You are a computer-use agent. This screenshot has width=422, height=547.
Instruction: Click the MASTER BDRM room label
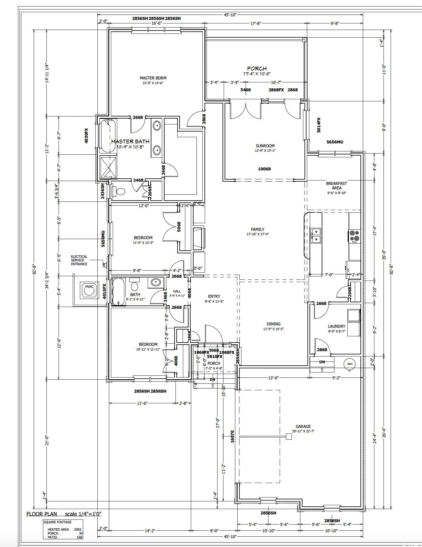[153, 78]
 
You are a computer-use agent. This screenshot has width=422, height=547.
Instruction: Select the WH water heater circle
[350, 364]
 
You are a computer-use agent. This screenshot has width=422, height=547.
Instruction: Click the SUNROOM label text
[265, 146]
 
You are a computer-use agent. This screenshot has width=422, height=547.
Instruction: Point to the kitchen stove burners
[354, 236]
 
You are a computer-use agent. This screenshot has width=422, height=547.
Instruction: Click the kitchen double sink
[316, 236]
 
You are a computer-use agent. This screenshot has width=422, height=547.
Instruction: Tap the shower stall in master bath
[108, 167]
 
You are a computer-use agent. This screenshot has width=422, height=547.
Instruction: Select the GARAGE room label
[303, 426]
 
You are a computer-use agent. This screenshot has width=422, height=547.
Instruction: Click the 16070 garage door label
[232, 436]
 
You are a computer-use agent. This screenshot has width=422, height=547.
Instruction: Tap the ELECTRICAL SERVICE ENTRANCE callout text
[79, 260]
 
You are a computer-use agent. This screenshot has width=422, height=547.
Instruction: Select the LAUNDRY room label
[336, 326]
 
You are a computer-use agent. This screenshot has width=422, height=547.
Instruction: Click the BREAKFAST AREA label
[336, 185]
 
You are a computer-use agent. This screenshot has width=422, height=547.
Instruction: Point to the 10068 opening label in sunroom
[264, 169]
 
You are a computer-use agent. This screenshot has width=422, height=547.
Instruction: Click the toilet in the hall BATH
[135, 286]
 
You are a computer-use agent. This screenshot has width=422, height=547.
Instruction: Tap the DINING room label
[273, 324]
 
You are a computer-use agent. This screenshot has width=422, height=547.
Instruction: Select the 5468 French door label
[245, 90]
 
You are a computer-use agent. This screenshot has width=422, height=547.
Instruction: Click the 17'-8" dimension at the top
[255, 23]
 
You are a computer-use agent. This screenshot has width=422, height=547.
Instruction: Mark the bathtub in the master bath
[108, 135]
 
